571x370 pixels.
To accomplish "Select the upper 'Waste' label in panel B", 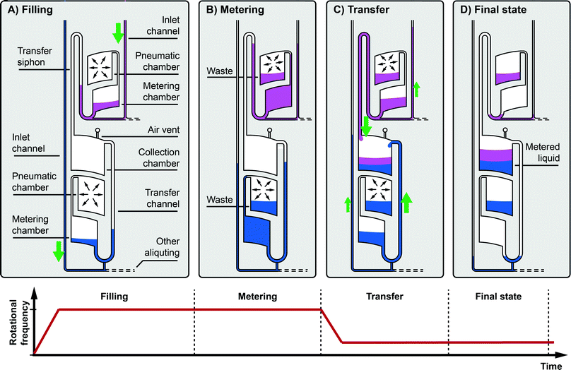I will (x=219, y=72).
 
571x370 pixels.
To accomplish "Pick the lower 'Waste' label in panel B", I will (x=219, y=201).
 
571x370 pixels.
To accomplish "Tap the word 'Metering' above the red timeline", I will (x=257, y=297).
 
